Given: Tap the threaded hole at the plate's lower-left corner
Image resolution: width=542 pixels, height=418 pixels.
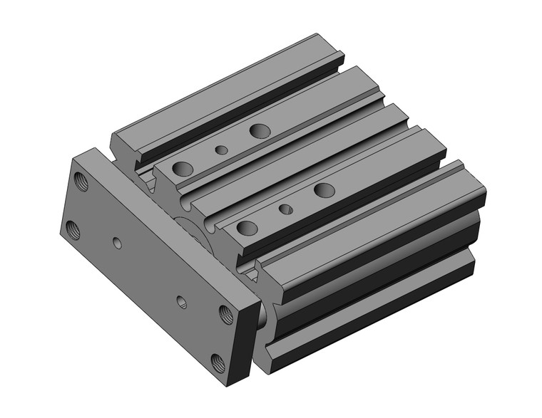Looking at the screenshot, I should [x=73, y=229].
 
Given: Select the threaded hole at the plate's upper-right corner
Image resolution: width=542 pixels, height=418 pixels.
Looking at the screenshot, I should [x=225, y=313].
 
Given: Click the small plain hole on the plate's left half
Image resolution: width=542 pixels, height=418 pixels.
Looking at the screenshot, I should [x=118, y=244].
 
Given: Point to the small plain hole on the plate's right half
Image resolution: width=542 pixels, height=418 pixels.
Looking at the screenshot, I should [x=182, y=301].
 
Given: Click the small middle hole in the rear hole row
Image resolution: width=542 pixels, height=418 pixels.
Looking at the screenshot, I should [x=222, y=150].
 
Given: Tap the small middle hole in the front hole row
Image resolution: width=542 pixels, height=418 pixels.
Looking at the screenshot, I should [x=285, y=209].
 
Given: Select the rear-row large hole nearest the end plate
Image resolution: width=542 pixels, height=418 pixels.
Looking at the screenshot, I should [x=183, y=169].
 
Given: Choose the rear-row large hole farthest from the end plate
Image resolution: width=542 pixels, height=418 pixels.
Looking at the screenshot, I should [x=260, y=130].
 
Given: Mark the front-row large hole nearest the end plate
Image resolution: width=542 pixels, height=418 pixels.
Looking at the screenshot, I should [x=247, y=228].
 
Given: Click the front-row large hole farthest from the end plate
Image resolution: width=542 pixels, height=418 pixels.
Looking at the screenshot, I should [x=324, y=190].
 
